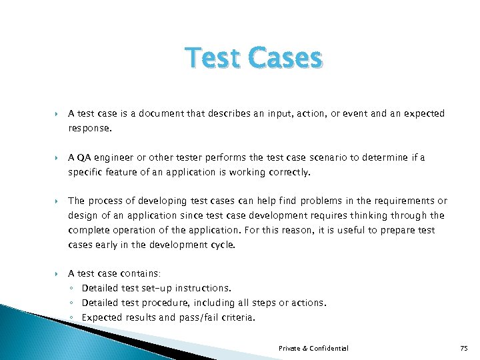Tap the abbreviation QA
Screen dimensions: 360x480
[x=84, y=157]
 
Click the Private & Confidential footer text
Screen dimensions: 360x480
[x=313, y=348]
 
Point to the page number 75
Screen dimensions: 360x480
[x=465, y=348]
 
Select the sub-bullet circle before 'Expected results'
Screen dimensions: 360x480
[x=72, y=318]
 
